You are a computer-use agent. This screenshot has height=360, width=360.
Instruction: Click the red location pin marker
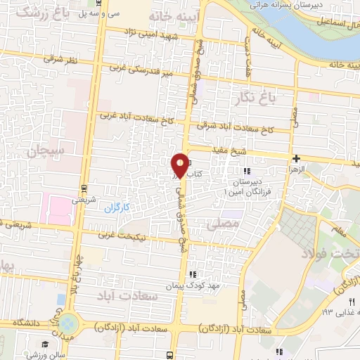coord(180,165)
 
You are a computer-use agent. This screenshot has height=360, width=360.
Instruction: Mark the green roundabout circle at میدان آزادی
coord(69,324)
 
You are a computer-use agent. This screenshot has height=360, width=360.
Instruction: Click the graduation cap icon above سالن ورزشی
coord(44,344)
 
